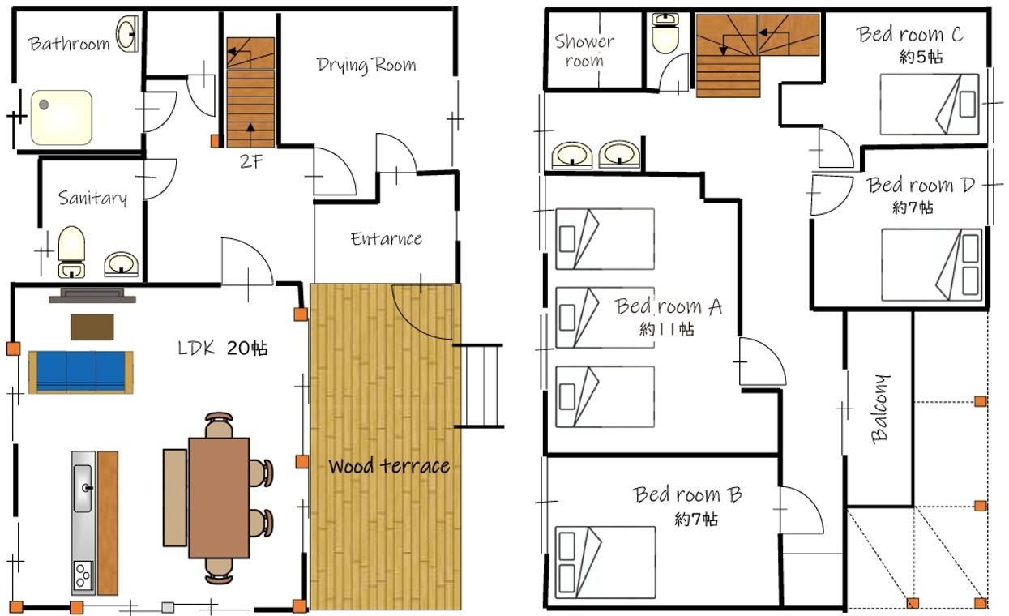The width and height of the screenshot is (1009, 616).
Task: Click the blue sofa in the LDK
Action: tap(80, 372)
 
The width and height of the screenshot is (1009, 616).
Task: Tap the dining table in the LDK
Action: tap(219, 498)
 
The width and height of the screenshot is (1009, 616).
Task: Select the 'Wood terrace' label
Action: tap(389, 466)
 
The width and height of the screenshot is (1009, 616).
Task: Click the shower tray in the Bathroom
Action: tap(62, 118)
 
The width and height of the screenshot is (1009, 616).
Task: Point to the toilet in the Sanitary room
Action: tap(71, 251)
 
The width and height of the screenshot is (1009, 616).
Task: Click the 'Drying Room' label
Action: tap(366, 66)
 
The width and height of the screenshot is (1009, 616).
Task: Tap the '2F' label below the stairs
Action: tap(251, 161)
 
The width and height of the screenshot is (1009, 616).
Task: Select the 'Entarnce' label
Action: tap(387, 238)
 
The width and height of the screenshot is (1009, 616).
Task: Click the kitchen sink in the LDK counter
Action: tap(83, 489)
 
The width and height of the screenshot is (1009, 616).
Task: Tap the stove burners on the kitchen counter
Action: tap(83, 575)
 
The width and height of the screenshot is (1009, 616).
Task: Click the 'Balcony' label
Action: tap(880, 409)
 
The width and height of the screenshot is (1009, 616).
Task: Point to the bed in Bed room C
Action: tap(930, 104)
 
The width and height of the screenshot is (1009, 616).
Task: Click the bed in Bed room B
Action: tap(605, 563)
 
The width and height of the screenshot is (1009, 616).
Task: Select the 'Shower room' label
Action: tap(584, 50)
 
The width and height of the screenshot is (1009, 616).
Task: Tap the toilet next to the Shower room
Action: tap(665, 33)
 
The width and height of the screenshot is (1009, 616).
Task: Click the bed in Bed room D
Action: tap(931, 265)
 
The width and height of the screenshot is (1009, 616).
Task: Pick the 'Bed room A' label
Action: tap(669, 306)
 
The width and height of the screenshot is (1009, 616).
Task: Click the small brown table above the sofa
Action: tap(92, 327)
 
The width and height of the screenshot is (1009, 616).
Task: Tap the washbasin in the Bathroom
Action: tap(127, 34)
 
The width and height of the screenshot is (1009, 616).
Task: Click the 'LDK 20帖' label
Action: tap(223, 349)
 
